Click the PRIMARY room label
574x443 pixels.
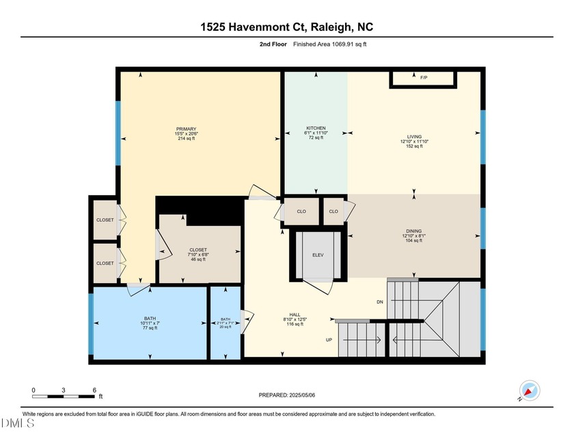click(x=187, y=129)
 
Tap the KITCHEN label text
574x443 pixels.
click(x=316, y=128)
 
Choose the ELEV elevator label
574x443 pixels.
click(x=317, y=255)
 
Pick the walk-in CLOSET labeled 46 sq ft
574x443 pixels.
click(x=198, y=250)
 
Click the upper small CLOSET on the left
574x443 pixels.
click(x=105, y=220)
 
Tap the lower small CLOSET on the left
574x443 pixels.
click(x=105, y=263)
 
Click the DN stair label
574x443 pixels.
click(x=380, y=302)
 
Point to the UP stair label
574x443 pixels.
click(x=329, y=339)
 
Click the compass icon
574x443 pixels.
click(x=530, y=390)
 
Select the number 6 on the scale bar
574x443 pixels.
click(x=95, y=390)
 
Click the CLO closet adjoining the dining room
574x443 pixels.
click(x=333, y=212)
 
